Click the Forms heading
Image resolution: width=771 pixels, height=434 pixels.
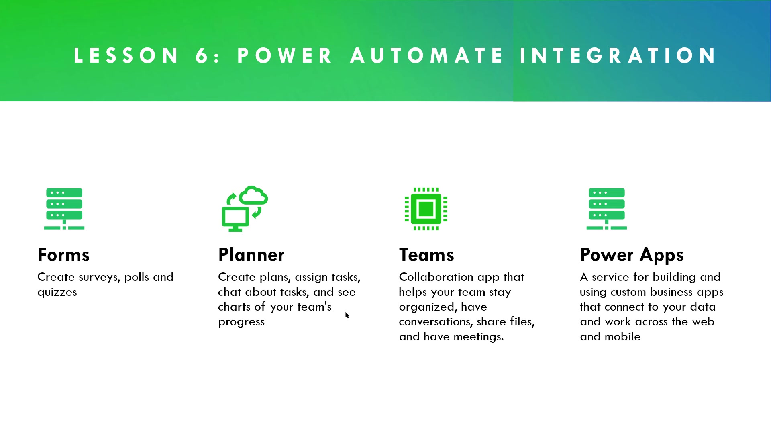click(x=63, y=255)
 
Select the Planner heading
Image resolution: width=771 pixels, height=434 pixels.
click(x=251, y=255)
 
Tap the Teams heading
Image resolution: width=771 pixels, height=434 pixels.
click(x=426, y=255)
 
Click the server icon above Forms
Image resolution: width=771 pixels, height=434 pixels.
click(x=64, y=209)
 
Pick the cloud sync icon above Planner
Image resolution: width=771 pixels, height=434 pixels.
click(x=245, y=209)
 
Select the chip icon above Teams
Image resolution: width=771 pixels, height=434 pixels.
click(x=426, y=209)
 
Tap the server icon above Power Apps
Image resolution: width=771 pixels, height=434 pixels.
click(x=607, y=209)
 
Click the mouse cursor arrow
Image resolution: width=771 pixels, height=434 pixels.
click(x=347, y=315)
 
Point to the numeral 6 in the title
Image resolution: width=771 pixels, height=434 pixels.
click(x=202, y=55)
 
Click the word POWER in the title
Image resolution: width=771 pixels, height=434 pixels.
click(x=285, y=55)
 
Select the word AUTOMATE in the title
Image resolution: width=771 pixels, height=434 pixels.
click(x=426, y=55)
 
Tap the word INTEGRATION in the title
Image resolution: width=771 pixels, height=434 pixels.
click(x=618, y=55)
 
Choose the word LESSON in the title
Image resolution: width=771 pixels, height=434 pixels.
click(x=126, y=55)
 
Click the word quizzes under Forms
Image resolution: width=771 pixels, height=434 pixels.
click(x=57, y=293)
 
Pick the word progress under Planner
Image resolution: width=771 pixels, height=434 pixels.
click(x=241, y=322)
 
